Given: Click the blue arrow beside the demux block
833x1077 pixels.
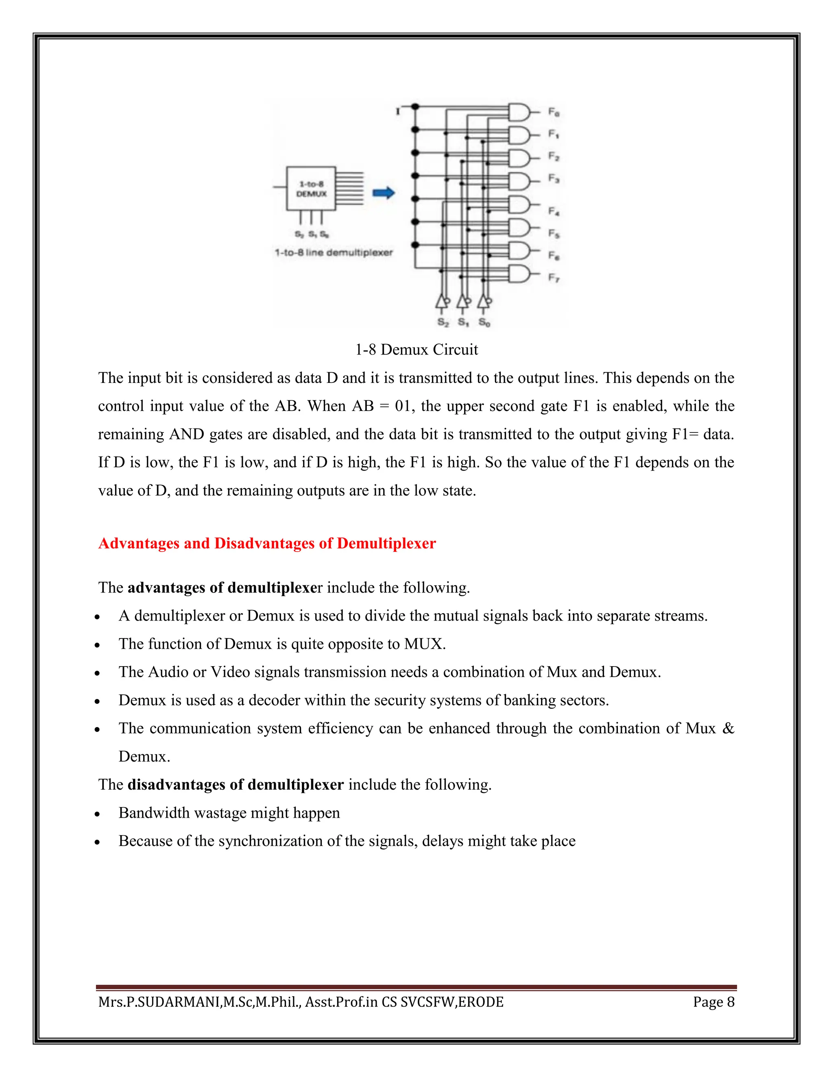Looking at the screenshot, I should tap(384, 193).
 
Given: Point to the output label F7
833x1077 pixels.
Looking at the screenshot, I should tap(554, 278).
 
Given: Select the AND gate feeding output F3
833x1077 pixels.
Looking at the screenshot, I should tap(519, 182).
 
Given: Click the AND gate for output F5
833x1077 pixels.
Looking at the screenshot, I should tap(519, 228).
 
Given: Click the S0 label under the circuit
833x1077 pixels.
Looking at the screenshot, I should tap(484, 323).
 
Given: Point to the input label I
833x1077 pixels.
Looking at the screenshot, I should tap(398, 112).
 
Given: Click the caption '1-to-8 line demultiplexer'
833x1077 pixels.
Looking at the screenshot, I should tap(334, 252).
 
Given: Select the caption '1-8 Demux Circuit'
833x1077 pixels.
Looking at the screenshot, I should tap(416, 350).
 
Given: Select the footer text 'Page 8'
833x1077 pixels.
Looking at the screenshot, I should tap(713, 1002).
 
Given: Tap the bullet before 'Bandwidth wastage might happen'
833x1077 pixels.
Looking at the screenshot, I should tap(98, 814).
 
